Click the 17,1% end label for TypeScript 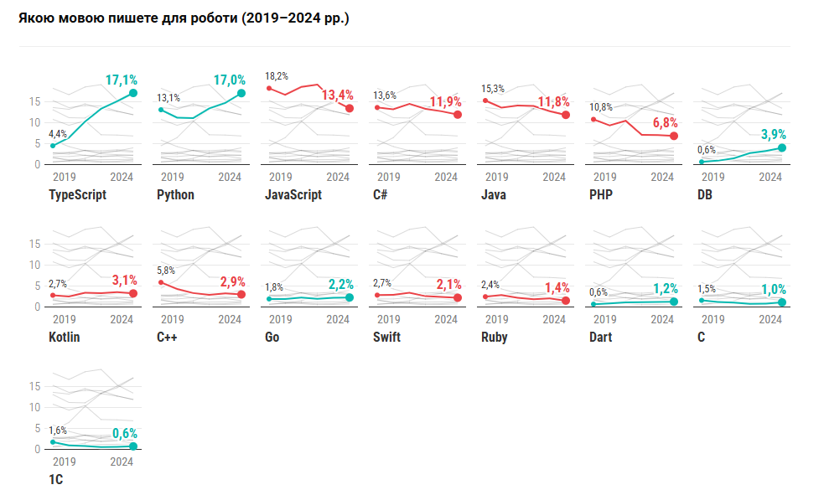[122, 80]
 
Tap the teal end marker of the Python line [241, 93]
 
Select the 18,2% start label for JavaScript [277, 76]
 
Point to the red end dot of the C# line [458, 114]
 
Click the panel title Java [494, 195]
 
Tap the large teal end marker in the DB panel [782, 147]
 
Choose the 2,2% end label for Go [338, 284]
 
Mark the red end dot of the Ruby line [566, 301]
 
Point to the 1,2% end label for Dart [663, 289]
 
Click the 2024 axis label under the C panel [770, 319]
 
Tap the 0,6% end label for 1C [122, 434]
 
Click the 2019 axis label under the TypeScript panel [64, 177]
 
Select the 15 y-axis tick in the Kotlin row [35, 244]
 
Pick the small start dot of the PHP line [593, 119]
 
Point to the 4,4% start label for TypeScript [58, 134]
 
